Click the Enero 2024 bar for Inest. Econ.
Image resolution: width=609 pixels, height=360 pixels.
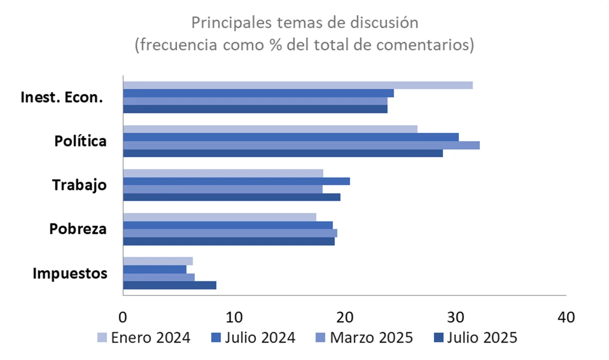[297, 85]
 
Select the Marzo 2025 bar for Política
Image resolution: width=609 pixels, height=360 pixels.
[301, 145]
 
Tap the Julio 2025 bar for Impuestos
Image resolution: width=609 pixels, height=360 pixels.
[169, 285]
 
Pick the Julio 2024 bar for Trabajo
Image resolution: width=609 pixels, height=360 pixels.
[236, 181]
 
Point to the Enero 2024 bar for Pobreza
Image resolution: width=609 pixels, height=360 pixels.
[219, 217]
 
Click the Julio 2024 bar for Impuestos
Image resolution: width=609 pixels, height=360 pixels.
[154, 269]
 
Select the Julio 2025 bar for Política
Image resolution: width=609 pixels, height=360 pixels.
[282, 153]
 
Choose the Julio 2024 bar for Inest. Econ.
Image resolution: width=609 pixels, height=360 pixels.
[258, 93]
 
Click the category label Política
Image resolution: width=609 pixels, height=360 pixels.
[80, 141]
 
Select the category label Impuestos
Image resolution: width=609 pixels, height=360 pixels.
[70, 273]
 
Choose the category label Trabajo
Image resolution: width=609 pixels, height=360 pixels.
[79, 185]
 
